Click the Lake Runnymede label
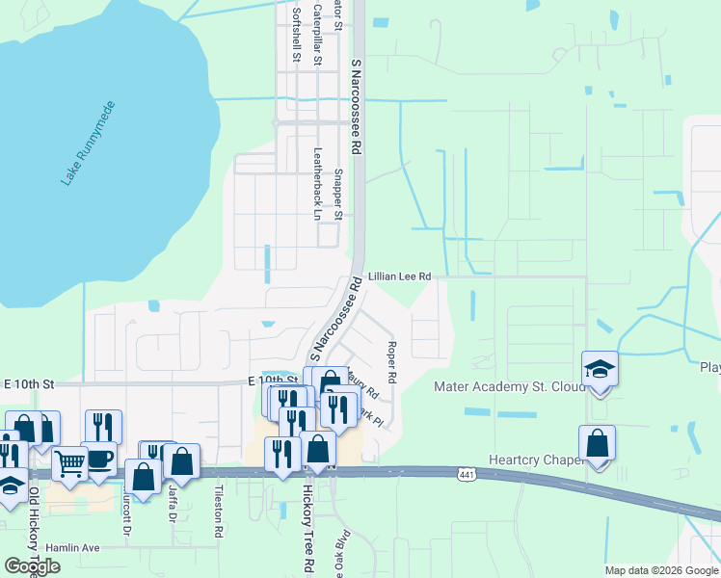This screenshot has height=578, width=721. point(88,143)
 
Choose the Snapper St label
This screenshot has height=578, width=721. point(338,194)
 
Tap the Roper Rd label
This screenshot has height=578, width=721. point(392,358)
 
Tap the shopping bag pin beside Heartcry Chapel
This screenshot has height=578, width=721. point(598,443)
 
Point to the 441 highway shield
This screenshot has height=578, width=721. point(467,473)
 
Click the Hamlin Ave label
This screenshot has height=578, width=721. point(77,547)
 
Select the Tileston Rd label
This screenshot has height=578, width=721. point(219,519)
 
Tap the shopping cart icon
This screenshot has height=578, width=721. point(68,464)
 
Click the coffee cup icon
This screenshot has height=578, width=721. point(99,459)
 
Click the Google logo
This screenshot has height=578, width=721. point(32,566)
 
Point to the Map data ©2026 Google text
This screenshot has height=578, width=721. point(660,570)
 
